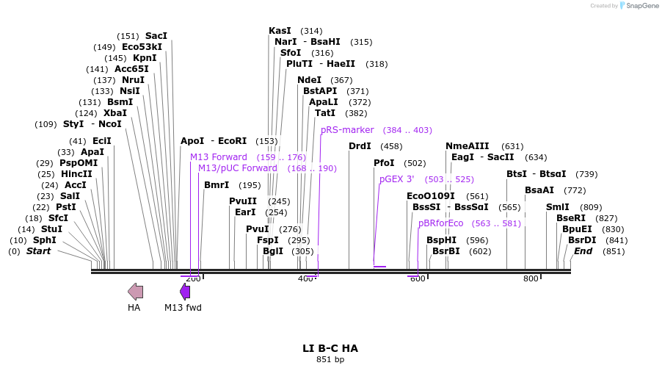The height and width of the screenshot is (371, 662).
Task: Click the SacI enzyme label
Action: coord(156,36)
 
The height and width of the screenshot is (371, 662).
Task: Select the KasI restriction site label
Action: coord(280,31)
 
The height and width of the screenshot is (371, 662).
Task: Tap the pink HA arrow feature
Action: coord(135,292)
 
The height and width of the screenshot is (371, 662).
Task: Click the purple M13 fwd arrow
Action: coord(185,292)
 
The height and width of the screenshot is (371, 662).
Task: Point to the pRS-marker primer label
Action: coord(347,130)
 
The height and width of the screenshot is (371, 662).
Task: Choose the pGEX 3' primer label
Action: coord(396,179)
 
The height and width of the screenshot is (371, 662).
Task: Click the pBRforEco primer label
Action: coord(441,223)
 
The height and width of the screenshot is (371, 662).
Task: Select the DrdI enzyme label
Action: coord(360,146)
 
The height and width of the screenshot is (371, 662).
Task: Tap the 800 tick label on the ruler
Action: coord(531,279)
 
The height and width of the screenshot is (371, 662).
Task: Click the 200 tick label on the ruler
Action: coord(193,279)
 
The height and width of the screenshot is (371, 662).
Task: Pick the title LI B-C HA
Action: coord(330,348)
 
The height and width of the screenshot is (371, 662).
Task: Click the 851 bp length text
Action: coord(330,360)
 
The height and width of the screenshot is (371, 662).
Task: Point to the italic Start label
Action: coord(38,251)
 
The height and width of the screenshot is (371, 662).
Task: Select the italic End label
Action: coord(583,251)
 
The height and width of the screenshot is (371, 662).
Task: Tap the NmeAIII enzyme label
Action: coord(467,146)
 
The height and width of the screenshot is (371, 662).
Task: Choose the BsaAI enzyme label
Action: coord(539,190)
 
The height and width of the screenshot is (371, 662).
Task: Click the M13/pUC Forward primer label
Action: coord(238,168)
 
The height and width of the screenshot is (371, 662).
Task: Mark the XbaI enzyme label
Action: coord(114,113)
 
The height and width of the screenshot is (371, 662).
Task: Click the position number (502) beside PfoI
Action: coord(415,163)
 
